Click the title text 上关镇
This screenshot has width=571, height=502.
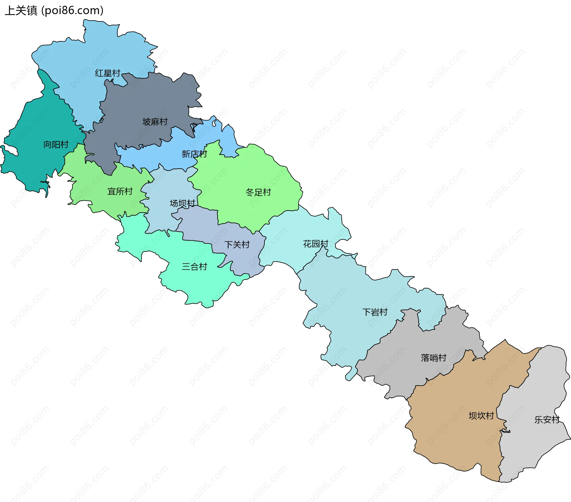click(x=21, y=11)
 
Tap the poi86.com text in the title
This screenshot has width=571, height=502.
click(x=72, y=11)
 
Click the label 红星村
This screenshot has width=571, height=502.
click(x=108, y=73)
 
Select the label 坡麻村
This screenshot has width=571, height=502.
click(x=155, y=122)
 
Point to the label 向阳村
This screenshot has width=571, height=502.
click(x=56, y=145)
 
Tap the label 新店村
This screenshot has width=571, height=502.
click(x=194, y=154)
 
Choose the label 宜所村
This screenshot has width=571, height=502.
click(x=120, y=191)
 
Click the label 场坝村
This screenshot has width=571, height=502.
click(x=182, y=203)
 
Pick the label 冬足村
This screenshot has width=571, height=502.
click(x=258, y=193)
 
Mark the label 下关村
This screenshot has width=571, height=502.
click(x=237, y=245)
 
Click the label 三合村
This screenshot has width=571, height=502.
click(x=194, y=267)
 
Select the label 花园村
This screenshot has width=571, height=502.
click(x=316, y=244)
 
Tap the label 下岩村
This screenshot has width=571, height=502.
click(x=375, y=312)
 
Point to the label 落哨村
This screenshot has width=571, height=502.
click(x=434, y=358)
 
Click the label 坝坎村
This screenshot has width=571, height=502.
click(x=481, y=416)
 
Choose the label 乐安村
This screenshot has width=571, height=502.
click(x=547, y=420)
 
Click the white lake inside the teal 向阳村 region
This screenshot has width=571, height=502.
click(x=10, y=150)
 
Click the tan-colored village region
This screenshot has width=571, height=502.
click(x=458, y=431)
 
